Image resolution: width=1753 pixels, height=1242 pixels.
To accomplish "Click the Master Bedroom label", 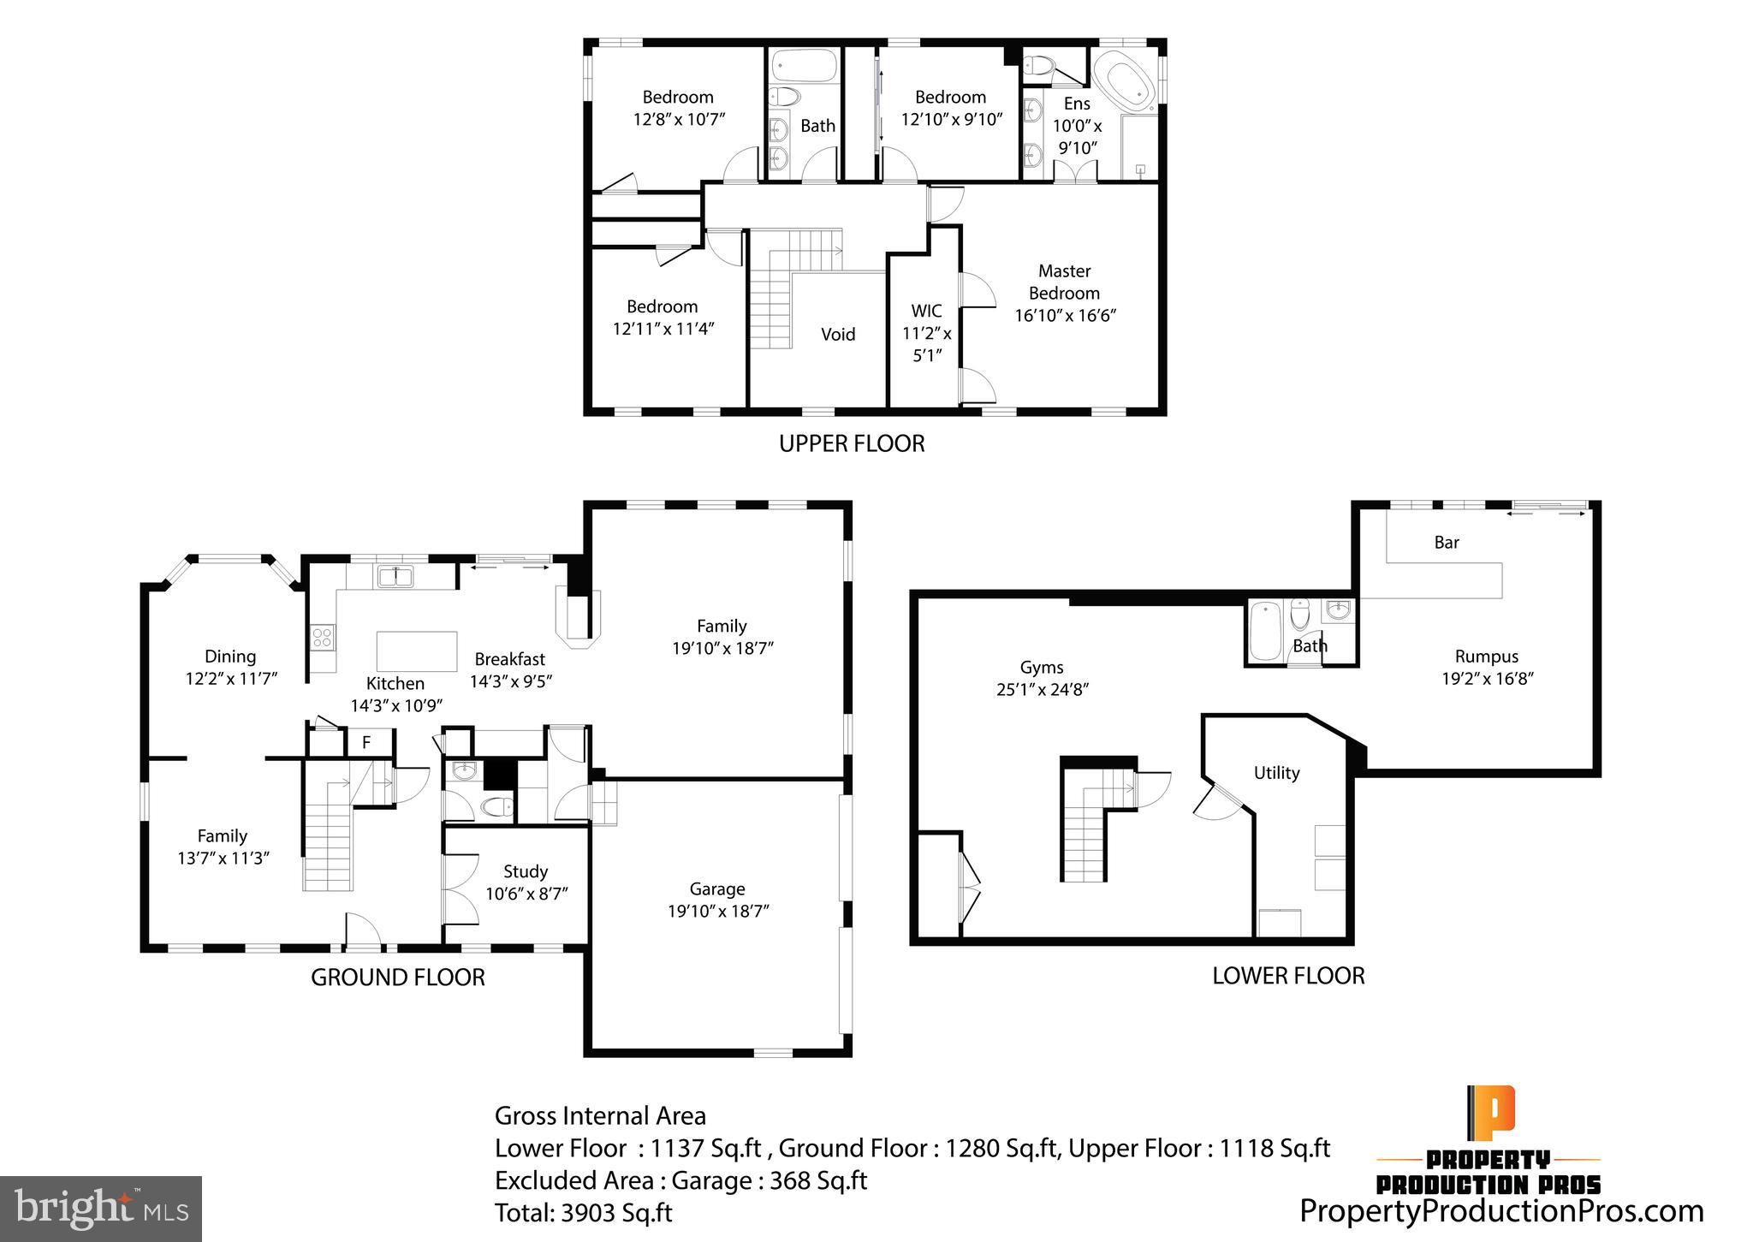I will (1064, 282).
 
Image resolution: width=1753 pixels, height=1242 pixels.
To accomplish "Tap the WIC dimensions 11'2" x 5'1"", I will (927, 343).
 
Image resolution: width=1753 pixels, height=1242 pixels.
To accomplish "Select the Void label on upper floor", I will (837, 335).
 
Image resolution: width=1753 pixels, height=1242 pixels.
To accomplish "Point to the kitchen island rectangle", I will (417, 651).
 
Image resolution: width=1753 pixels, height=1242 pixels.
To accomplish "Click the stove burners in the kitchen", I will (323, 637).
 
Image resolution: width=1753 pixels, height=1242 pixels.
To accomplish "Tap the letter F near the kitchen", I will (366, 742).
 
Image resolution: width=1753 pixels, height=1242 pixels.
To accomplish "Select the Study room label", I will (525, 871).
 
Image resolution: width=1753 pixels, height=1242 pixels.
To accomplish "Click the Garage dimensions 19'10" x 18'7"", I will (718, 911).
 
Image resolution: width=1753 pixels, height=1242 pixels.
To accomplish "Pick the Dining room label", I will (229, 657).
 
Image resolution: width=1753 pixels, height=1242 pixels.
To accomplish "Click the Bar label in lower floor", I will (1446, 543).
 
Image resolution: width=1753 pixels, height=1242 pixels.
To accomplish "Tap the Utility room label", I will (1276, 773).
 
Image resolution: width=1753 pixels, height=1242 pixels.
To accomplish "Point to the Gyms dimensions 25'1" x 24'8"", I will (1042, 689).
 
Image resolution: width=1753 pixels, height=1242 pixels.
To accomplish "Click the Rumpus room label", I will (1486, 657).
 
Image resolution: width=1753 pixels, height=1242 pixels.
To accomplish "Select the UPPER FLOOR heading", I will (851, 443).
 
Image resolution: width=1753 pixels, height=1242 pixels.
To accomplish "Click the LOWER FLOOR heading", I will (1287, 975).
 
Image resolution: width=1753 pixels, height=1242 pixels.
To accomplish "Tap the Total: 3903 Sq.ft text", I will (583, 1213).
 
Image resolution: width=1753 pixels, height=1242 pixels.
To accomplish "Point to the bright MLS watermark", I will (101, 1209).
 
